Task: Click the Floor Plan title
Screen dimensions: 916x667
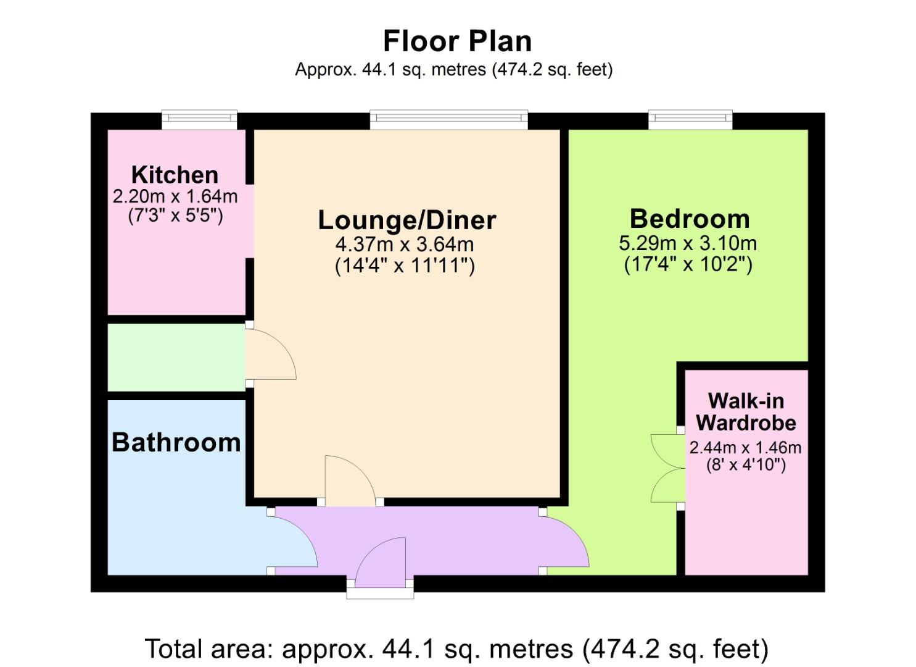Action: (x=457, y=41)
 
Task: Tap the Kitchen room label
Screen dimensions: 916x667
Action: (x=175, y=175)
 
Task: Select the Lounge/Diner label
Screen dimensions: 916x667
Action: (x=407, y=220)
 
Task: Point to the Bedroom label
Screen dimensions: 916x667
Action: (x=690, y=219)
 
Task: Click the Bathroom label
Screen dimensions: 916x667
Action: (x=176, y=443)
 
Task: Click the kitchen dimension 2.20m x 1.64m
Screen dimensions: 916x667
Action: (x=175, y=196)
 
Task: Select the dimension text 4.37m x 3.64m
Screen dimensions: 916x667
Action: (x=405, y=245)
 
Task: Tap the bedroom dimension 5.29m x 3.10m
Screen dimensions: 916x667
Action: (x=688, y=243)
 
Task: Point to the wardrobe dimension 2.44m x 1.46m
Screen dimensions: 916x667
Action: (x=745, y=448)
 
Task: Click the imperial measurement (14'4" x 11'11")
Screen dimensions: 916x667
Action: (x=405, y=266)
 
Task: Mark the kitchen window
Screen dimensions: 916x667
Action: (x=199, y=120)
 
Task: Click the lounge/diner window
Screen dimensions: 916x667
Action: (x=448, y=120)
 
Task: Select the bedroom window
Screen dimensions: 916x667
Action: (x=690, y=120)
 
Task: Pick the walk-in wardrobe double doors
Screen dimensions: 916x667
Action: (x=667, y=468)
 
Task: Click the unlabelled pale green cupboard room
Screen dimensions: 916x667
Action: (x=176, y=358)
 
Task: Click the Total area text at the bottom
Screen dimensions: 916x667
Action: (x=457, y=649)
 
